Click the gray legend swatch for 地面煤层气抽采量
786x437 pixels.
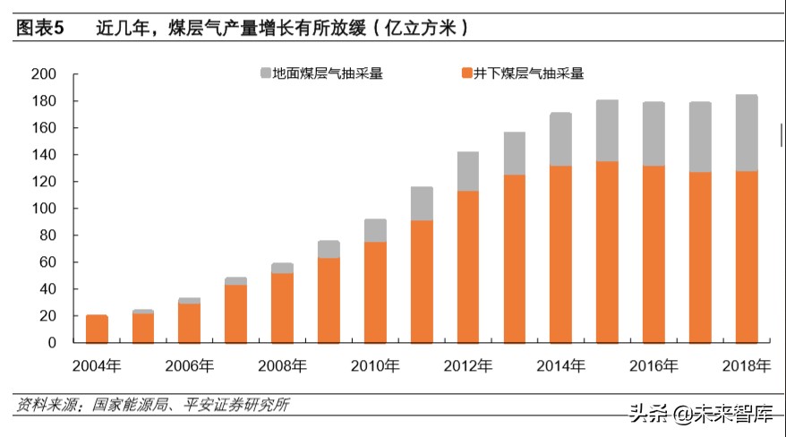(266, 73)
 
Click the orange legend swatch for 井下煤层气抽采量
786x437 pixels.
(466, 73)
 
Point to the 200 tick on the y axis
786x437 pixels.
(44, 74)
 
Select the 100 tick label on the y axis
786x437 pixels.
(44, 209)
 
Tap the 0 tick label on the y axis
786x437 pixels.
(53, 343)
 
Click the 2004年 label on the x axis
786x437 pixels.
(98, 365)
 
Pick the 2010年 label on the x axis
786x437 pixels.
(375, 365)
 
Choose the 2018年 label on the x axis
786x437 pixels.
(746, 365)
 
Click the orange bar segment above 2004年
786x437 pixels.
(97, 330)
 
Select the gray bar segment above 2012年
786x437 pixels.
(468, 171)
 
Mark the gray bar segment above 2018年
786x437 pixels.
(746, 133)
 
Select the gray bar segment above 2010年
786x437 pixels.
(375, 230)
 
